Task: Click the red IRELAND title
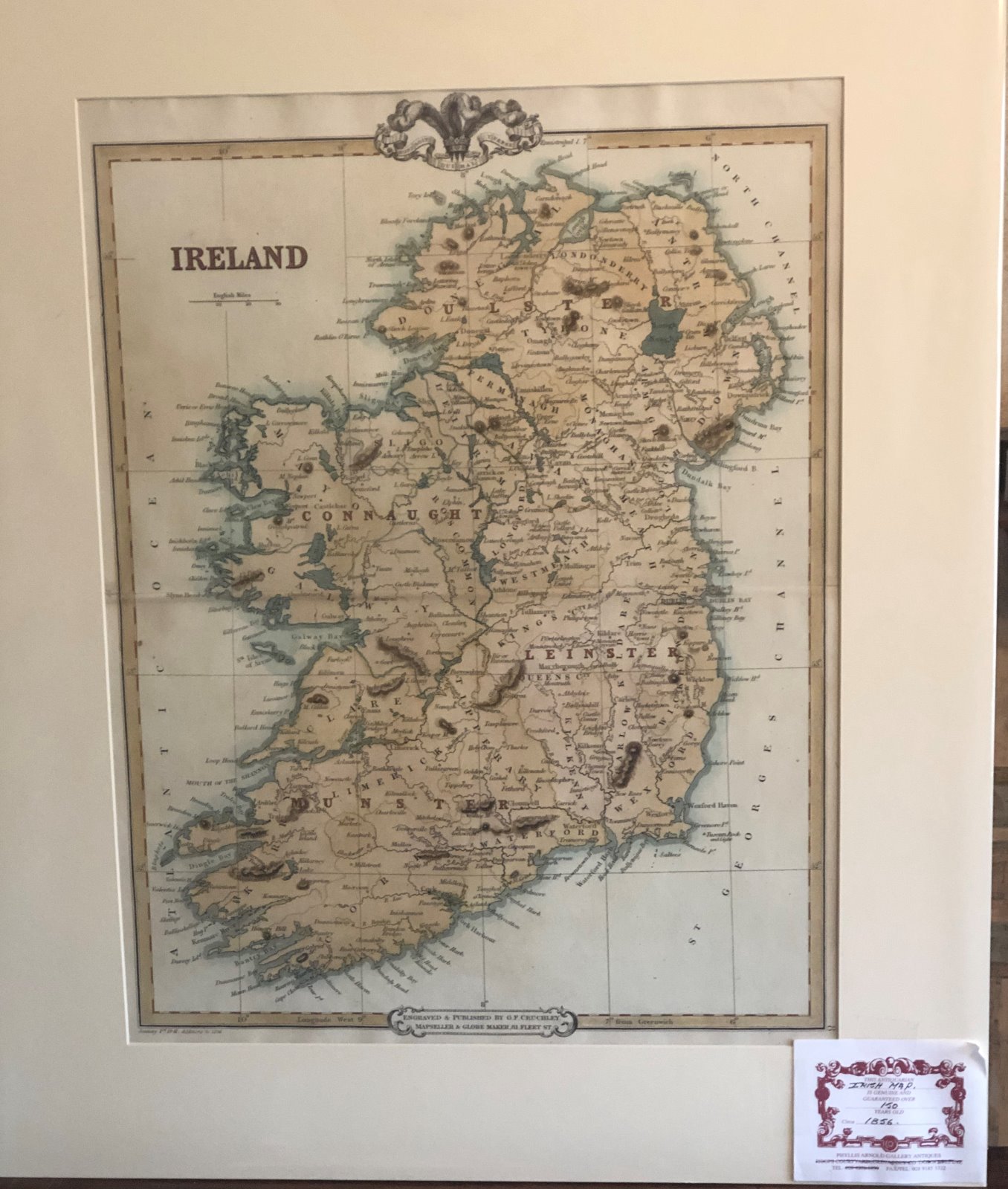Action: point(239,258)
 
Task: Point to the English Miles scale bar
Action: point(233,300)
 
